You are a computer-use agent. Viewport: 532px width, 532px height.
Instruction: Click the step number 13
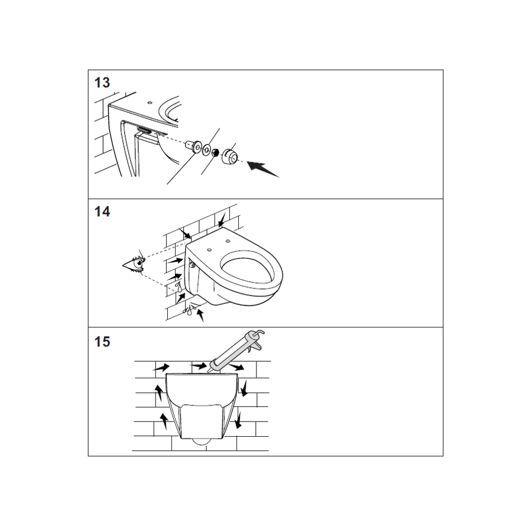click(x=102, y=83)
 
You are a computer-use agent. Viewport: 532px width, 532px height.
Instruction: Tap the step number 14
click(x=102, y=212)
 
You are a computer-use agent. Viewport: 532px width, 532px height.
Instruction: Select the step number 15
click(x=102, y=342)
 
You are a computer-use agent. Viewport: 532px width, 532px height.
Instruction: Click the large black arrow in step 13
click(x=262, y=169)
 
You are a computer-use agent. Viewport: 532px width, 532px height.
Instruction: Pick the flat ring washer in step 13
click(x=206, y=150)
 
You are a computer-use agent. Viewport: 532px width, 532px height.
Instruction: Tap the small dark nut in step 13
click(x=215, y=153)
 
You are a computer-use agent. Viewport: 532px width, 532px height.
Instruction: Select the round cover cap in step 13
click(x=229, y=155)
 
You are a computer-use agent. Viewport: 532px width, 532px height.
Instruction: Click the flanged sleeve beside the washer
click(x=193, y=146)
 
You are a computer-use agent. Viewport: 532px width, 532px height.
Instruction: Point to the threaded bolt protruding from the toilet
click(x=144, y=129)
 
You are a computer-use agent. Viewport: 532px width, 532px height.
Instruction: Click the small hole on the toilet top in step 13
click(x=150, y=102)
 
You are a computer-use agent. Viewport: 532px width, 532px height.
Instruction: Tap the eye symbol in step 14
click(x=134, y=264)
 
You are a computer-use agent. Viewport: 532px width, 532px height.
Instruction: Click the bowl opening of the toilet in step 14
click(x=246, y=269)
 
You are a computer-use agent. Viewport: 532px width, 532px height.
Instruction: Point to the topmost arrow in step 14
click(x=222, y=220)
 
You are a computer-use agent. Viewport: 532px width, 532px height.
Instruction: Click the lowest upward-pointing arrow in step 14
click(x=200, y=314)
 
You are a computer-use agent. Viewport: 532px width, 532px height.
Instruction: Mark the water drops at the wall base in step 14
click(x=189, y=310)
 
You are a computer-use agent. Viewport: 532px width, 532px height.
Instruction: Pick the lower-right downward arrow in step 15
click(x=238, y=419)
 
